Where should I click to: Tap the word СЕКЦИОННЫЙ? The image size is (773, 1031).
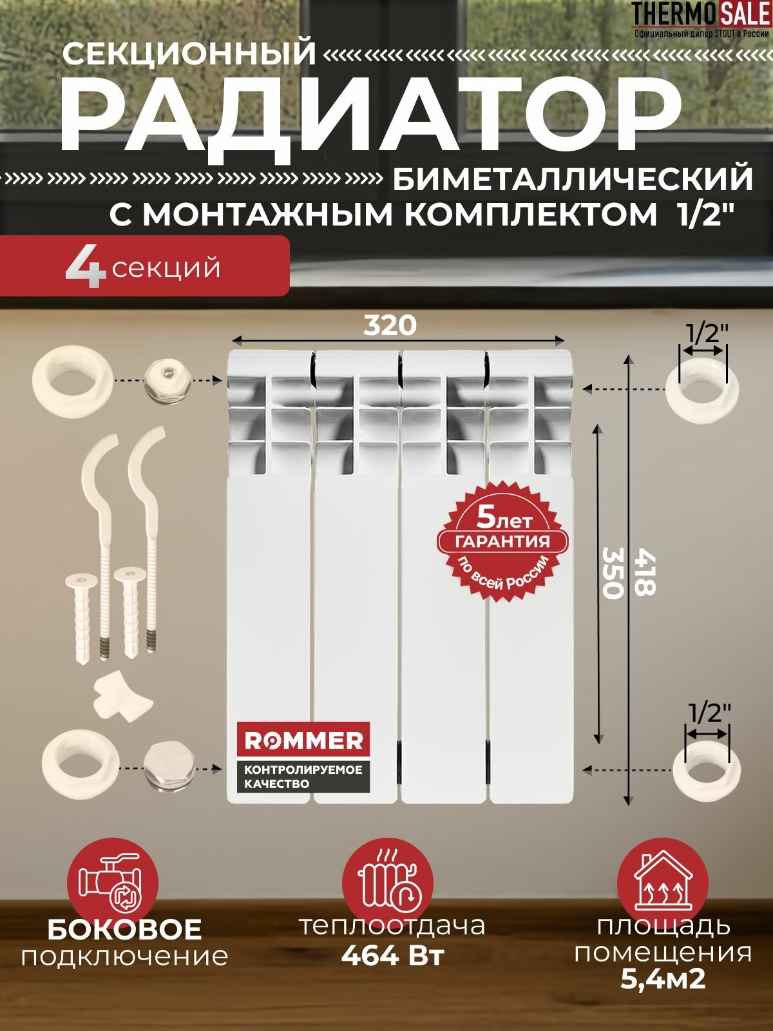pos(189,53)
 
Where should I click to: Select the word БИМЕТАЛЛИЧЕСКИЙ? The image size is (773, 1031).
pos(573,179)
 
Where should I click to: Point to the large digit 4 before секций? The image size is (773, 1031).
pos(85,267)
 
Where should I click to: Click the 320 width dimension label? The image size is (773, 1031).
pos(390,325)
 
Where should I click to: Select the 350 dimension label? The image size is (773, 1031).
pos(612,572)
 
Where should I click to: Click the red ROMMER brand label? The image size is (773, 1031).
pos(303,740)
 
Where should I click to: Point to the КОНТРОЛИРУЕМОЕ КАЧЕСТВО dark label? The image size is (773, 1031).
pos(303,776)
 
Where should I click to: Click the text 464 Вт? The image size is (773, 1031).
pos(392,955)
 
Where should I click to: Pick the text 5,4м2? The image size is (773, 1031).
pos(663,979)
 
